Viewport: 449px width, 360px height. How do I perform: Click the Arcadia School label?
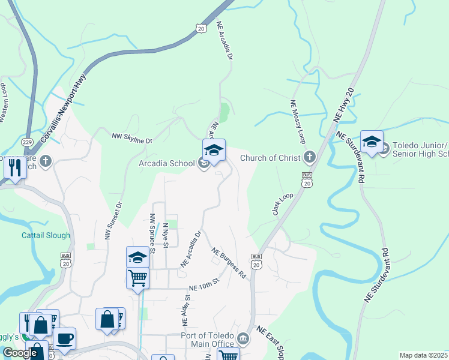point(166,163)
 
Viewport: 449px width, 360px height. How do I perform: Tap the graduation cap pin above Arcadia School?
point(214,149)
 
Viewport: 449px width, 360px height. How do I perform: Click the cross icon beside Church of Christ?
point(309,158)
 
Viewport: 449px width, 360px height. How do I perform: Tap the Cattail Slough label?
point(46,236)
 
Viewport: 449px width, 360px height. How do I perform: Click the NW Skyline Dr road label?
point(132,137)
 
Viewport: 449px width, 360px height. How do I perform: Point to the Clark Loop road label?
point(282,205)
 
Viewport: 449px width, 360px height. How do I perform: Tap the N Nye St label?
point(166,235)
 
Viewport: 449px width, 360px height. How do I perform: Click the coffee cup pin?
point(64,338)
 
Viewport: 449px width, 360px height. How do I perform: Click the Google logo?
point(19,352)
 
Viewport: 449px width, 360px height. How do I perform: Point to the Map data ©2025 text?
point(423,355)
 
